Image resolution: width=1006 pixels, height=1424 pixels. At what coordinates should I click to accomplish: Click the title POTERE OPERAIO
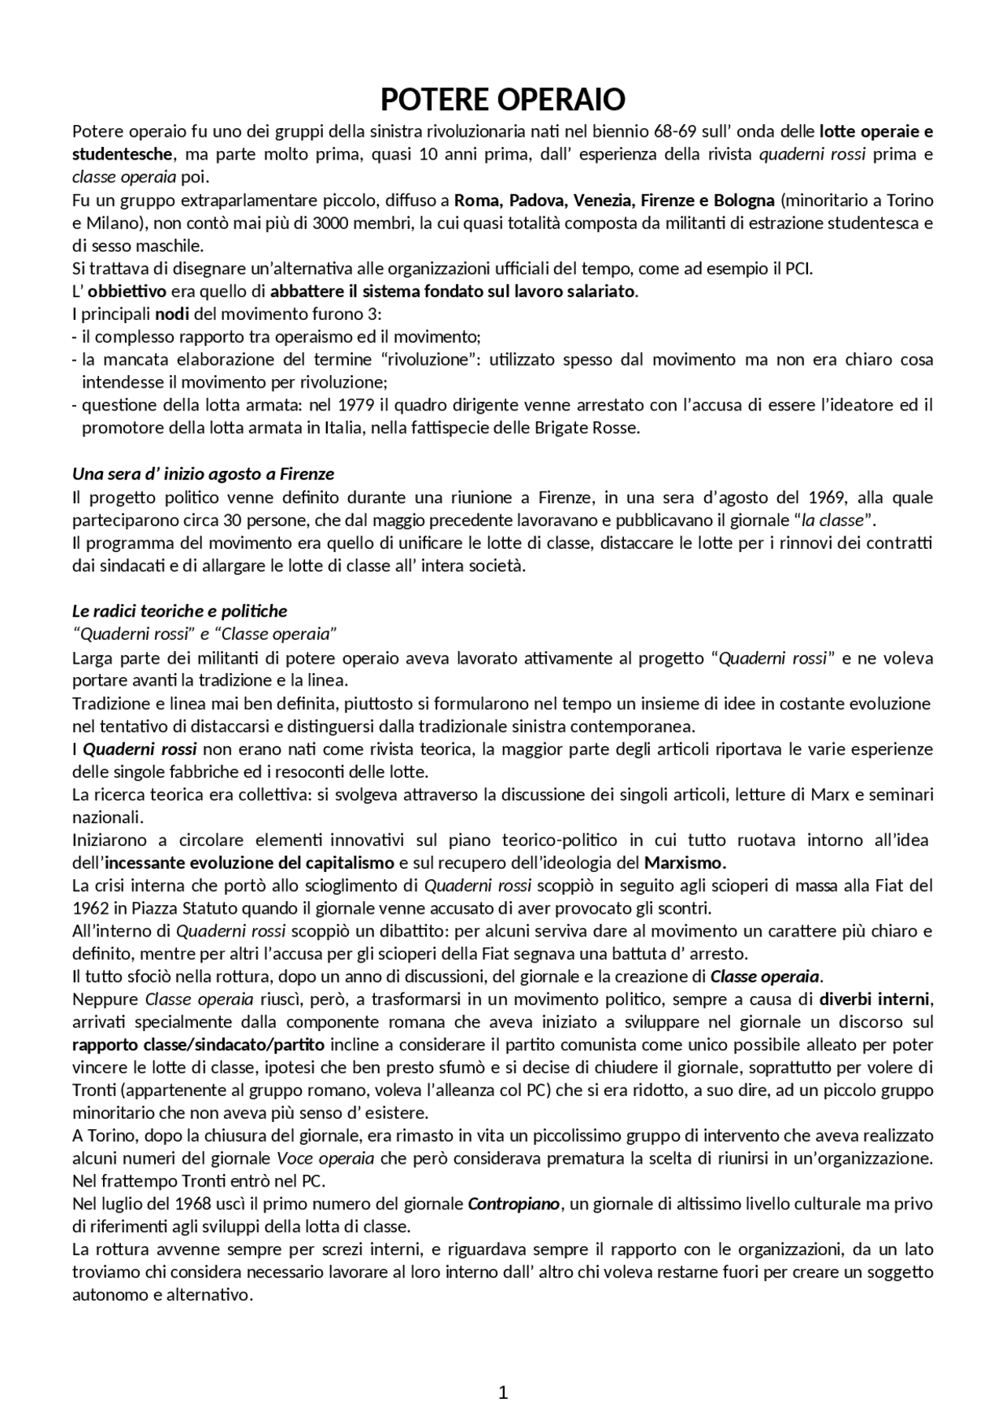tap(503, 100)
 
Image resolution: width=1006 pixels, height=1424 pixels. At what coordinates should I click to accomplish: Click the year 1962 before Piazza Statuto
tap(90, 908)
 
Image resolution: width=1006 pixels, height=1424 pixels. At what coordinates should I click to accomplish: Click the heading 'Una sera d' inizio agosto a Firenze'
tap(203, 474)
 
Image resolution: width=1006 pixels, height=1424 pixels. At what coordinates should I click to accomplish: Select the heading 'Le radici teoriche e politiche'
tap(179, 611)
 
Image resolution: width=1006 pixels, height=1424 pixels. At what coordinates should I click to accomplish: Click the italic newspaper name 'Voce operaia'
tap(325, 1158)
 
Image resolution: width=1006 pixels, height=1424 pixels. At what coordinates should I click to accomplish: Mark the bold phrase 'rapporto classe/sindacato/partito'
tap(198, 1045)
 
